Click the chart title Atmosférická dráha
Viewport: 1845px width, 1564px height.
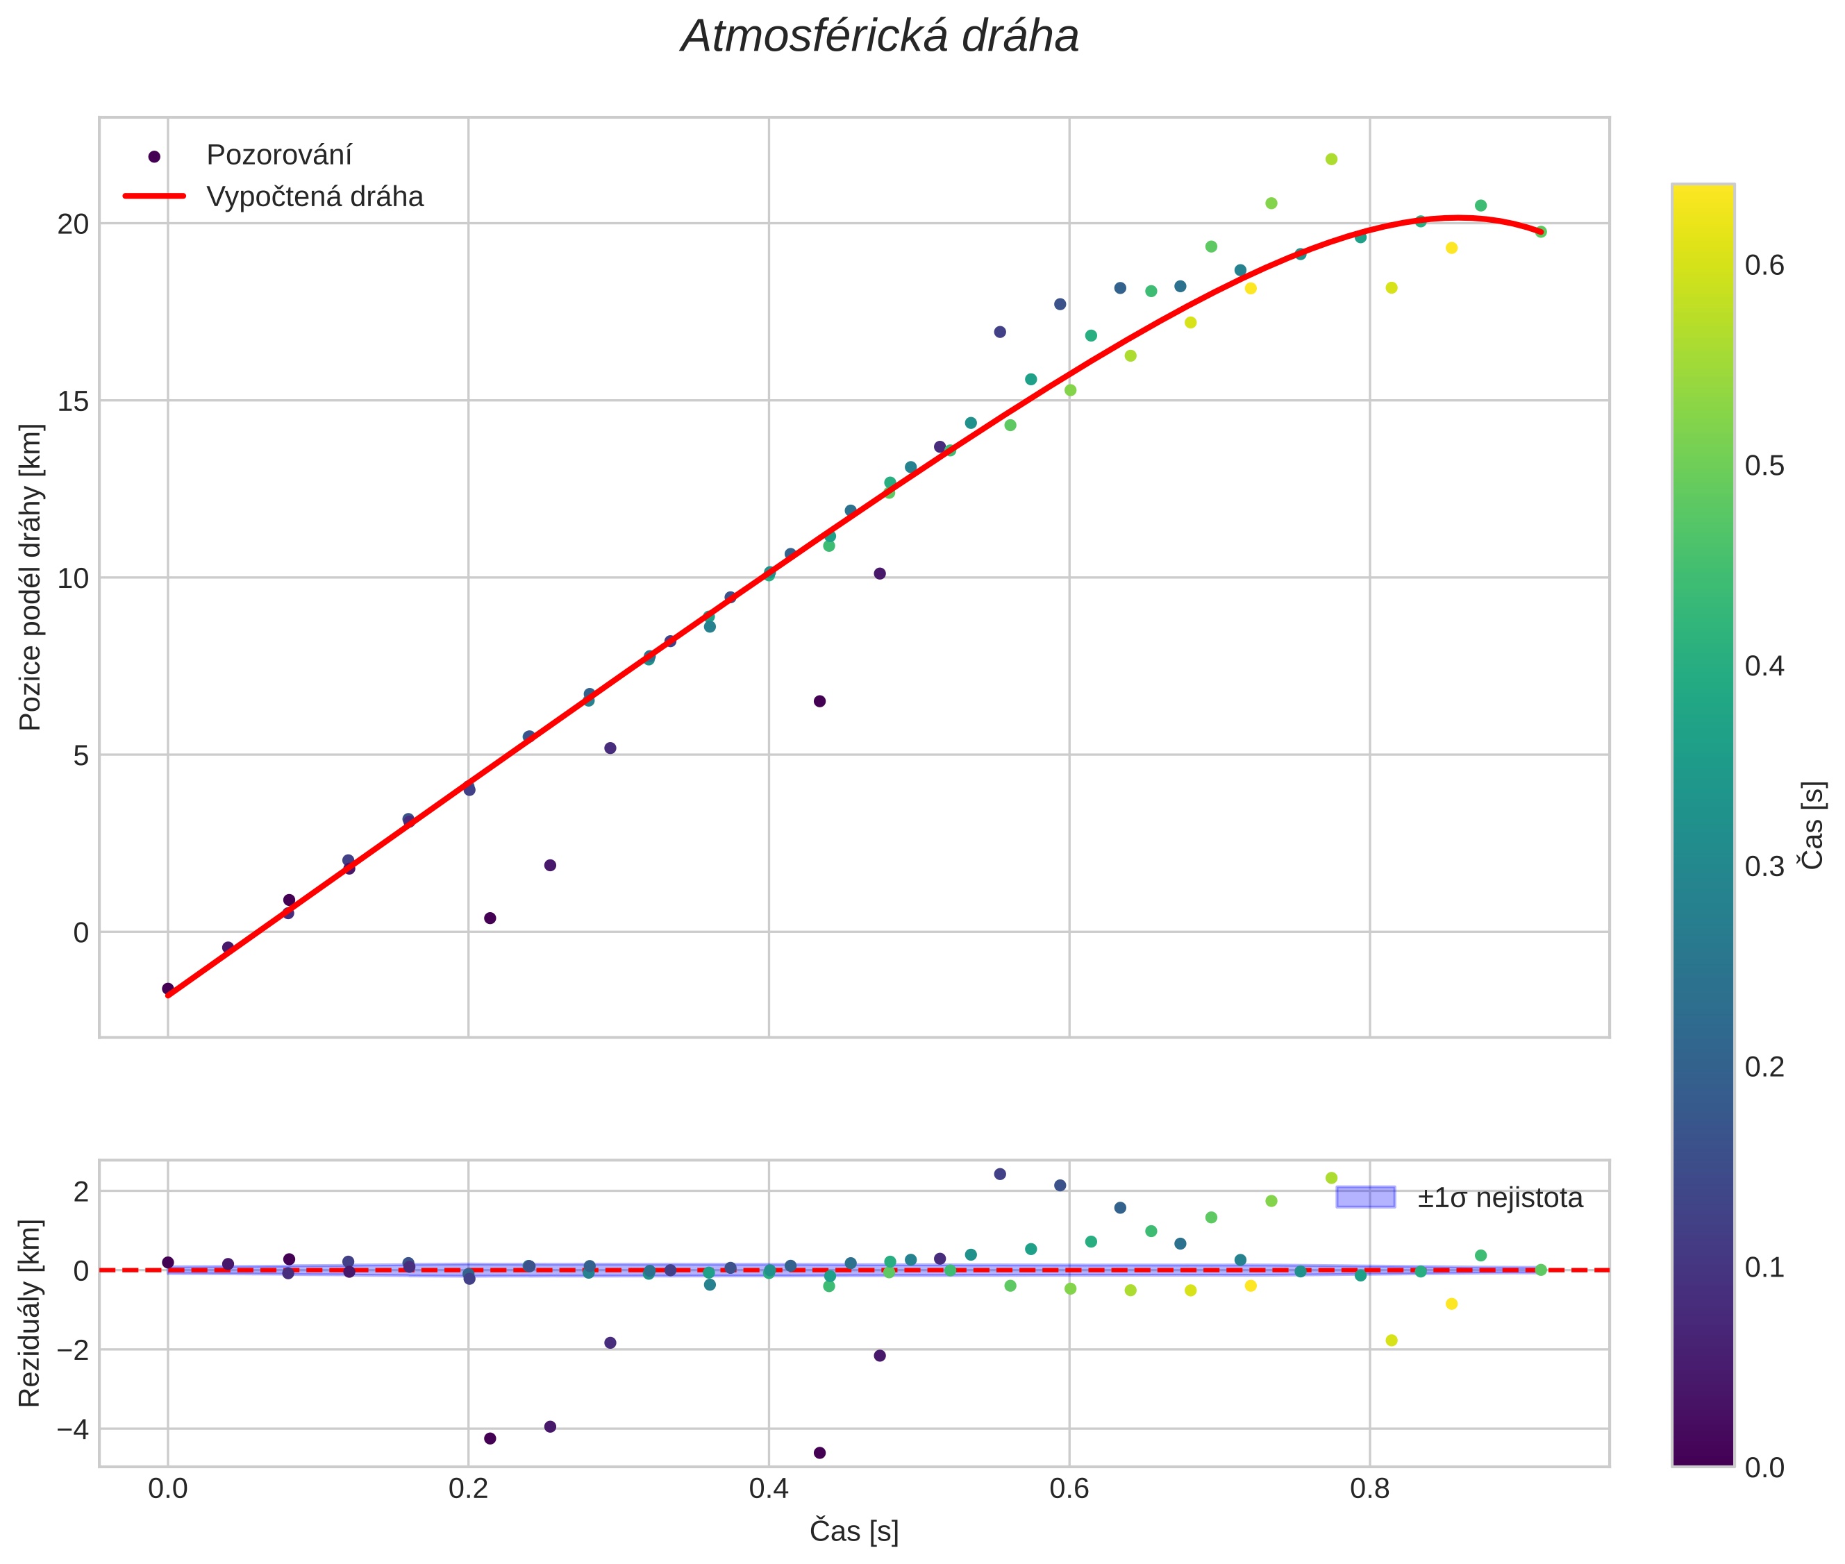pyautogui.click(x=879, y=37)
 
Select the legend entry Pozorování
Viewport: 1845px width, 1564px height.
pyautogui.click(x=278, y=155)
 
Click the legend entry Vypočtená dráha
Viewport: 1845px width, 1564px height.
pyautogui.click(x=315, y=197)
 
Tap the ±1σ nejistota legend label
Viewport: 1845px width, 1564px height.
pyautogui.click(x=1499, y=1198)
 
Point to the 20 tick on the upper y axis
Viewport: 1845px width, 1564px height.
pyautogui.click(x=74, y=224)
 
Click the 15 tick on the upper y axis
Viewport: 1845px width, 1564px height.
pyautogui.click(x=74, y=401)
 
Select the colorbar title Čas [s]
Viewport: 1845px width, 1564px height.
pyautogui.click(x=1813, y=825)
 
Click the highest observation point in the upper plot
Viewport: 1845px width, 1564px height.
pyautogui.click(x=1330, y=160)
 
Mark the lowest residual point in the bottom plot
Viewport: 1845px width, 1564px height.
pyautogui.click(x=819, y=1452)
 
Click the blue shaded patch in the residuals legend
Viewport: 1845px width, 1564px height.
pyautogui.click(x=1365, y=1197)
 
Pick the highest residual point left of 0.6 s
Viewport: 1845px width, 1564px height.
pyautogui.click(x=1000, y=1174)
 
